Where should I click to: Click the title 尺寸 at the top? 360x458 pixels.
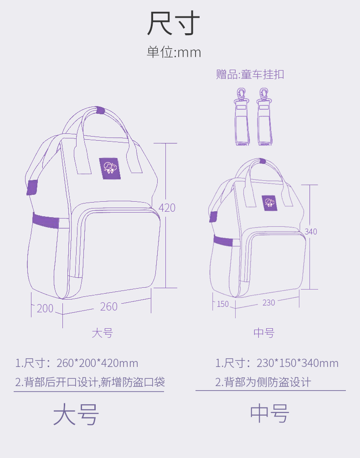pyautogui.click(x=173, y=24)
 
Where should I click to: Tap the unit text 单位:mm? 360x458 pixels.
pyautogui.click(x=174, y=52)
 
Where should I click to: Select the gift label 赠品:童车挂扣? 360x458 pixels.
pyautogui.click(x=250, y=74)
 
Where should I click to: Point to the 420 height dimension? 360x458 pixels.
pyautogui.click(x=167, y=208)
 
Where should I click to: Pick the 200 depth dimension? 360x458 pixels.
pyautogui.click(x=45, y=308)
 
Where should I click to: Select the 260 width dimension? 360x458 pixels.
pyautogui.click(x=109, y=306)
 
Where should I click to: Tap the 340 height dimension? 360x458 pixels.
pyautogui.click(x=311, y=232)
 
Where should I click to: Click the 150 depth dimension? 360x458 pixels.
pyautogui.click(x=223, y=304)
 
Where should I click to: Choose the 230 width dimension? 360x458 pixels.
pyautogui.click(x=269, y=302)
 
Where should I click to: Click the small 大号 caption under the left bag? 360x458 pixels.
pyautogui.click(x=102, y=333)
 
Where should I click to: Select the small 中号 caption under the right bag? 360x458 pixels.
pyautogui.click(x=264, y=333)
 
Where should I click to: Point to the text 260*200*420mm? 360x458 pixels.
pyautogui.click(x=97, y=363)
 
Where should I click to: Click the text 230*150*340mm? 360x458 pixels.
pyautogui.click(x=298, y=363)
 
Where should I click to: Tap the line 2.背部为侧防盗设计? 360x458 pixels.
pyautogui.click(x=263, y=382)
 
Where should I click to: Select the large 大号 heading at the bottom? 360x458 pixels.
pyautogui.click(x=76, y=414)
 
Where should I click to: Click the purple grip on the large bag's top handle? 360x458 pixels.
pyautogui.click(x=100, y=110)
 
